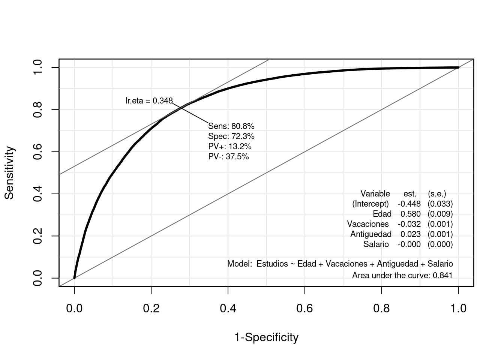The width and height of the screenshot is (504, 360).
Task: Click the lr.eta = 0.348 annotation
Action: pos(149,101)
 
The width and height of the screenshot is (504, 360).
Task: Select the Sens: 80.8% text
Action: pos(231,126)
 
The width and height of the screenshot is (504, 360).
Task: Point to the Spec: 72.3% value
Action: pos(231,136)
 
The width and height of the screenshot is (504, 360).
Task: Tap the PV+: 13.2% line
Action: pos(229,146)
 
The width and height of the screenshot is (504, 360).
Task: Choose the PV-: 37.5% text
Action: pos(228,156)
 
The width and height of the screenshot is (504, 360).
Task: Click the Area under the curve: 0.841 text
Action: pos(402,276)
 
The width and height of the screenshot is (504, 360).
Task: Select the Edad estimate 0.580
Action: pos(410,214)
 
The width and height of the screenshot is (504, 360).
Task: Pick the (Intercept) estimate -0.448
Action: pos(409,204)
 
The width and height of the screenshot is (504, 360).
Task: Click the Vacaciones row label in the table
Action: pos(368,224)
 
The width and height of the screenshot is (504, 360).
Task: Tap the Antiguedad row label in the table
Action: pos(370,234)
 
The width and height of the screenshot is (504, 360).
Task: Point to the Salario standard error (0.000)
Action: pos(440,244)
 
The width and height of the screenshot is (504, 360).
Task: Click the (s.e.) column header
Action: pos(437,194)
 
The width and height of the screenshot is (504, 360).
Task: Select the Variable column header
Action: pos(375,194)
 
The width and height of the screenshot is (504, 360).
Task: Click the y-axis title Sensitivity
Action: pos(9,173)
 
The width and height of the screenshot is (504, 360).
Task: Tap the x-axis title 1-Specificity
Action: pos(266,337)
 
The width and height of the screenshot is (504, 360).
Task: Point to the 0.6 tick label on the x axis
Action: pos(304,309)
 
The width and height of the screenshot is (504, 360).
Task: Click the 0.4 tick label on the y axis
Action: pos(38,194)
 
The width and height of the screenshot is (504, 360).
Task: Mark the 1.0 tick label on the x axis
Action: pos(458,309)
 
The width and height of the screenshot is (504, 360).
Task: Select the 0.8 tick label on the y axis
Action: pos(38,109)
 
